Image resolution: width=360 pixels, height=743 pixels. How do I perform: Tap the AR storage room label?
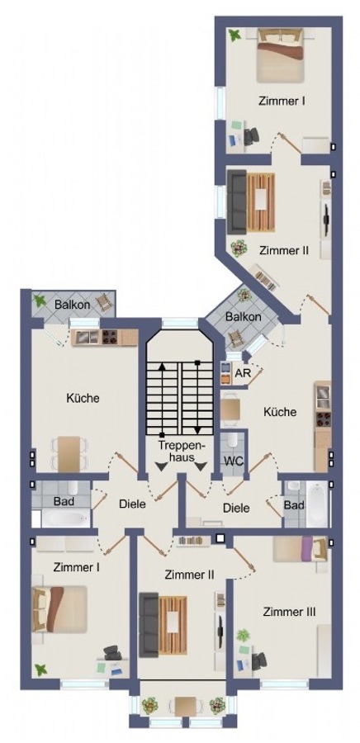click(242, 373)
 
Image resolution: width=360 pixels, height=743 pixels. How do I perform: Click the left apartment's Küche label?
click(83, 398)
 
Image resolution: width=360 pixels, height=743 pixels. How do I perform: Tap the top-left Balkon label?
click(73, 305)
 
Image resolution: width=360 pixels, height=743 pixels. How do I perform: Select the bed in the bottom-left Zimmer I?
click(59, 608)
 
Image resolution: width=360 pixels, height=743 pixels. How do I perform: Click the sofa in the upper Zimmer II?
click(239, 201)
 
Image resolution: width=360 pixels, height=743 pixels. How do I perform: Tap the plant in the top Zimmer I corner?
click(235, 35)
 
